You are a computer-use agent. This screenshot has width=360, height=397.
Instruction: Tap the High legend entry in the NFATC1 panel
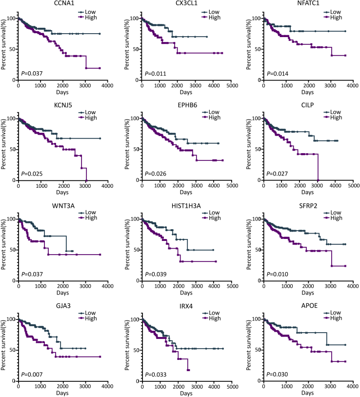(x=336, y=18)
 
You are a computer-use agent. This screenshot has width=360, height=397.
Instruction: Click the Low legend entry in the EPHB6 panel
(x=213, y=112)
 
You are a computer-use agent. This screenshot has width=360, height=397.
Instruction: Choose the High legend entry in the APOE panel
(x=336, y=318)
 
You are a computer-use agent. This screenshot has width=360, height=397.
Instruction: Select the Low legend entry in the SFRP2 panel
(x=336, y=212)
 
